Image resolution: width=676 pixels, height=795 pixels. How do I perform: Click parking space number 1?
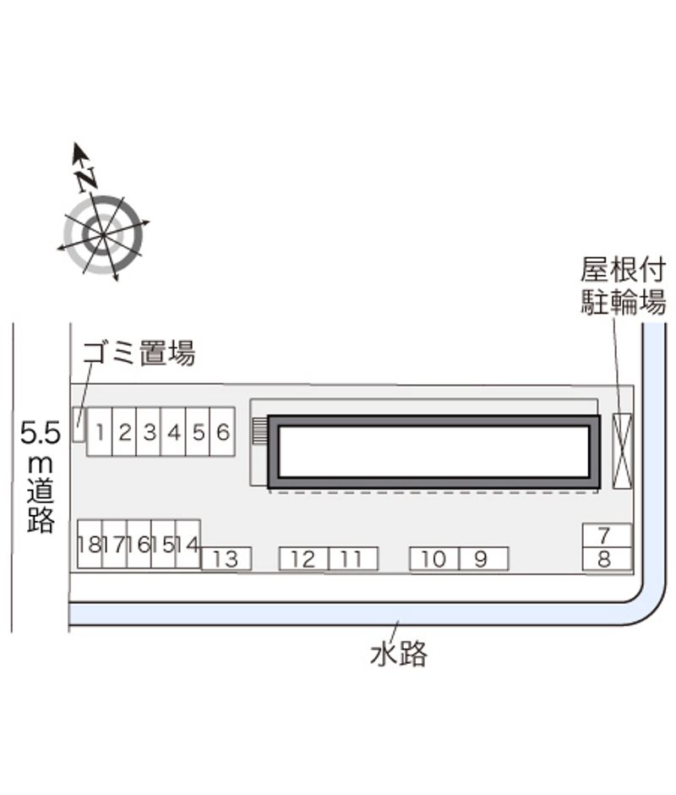(x=100, y=432)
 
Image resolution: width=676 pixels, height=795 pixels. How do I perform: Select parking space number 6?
(x=222, y=432)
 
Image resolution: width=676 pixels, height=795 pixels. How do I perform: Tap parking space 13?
(x=226, y=559)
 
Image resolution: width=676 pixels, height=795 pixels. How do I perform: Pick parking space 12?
(x=303, y=559)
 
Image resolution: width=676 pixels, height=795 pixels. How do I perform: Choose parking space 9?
(x=483, y=559)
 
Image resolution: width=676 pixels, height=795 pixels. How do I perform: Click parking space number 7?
(x=607, y=535)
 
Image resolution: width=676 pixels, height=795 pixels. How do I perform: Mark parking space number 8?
(x=607, y=559)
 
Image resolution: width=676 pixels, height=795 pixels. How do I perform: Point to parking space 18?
(x=90, y=544)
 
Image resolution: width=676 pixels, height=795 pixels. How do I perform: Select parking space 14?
(x=188, y=544)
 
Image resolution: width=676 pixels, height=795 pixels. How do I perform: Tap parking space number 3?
(x=149, y=432)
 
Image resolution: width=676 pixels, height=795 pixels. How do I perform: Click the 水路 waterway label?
(x=399, y=654)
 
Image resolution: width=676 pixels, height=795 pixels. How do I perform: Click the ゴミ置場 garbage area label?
(x=139, y=353)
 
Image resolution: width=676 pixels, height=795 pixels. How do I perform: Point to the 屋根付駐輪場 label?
(x=623, y=286)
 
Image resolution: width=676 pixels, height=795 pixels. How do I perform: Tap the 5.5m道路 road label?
(x=41, y=477)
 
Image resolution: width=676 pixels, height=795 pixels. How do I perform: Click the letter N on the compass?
(x=86, y=179)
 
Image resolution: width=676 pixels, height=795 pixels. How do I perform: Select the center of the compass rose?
(x=103, y=235)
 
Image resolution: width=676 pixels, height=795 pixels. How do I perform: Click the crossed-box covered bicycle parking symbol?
(x=623, y=451)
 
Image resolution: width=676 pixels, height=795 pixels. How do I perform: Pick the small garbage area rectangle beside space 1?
(x=79, y=425)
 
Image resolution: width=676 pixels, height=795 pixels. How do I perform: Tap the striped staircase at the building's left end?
(x=259, y=431)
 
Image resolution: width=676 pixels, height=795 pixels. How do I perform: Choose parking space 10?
(x=434, y=559)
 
